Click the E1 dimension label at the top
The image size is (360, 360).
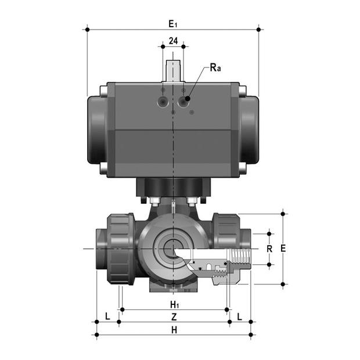pyautogui.click(x=172, y=23)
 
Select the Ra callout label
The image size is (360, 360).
pyautogui.click(x=215, y=68)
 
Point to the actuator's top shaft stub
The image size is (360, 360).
pyautogui.click(x=173, y=70)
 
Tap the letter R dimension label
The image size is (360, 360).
pyautogui.click(x=269, y=249)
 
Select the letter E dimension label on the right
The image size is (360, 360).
pyautogui.click(x=283, y=248)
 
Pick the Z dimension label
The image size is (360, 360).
pyautogui.click(x=173, y=317)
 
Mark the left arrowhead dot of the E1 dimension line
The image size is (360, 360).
pyautogui.click(x=87, y=28)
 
